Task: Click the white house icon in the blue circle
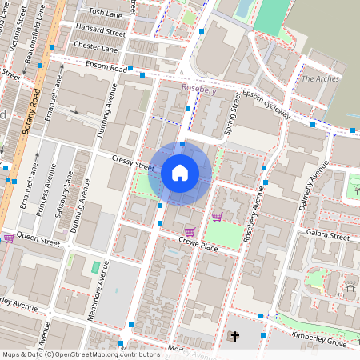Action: coord(180,173)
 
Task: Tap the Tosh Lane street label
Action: coord(106,14)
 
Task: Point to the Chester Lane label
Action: coord(95,46)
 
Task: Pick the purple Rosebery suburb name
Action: coord(199,90)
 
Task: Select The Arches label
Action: coord(320,78)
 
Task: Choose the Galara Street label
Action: coord(328,237)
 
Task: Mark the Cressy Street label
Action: coord(133,164)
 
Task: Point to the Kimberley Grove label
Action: coord(319,338)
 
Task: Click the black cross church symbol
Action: coord(234,338)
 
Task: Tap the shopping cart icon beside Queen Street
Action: coord(9,238)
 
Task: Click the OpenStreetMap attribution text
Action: coord(81,354)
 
